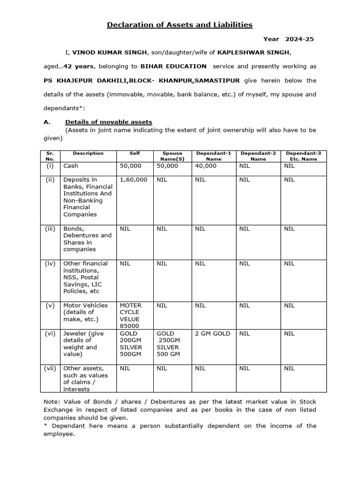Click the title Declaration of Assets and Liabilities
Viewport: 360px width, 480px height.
coord(180,24)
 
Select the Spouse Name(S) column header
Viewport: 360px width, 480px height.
coord(172,156)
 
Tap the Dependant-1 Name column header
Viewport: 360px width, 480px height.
coord(213,156)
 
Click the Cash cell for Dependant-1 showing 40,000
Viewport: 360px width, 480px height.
coord(206,165)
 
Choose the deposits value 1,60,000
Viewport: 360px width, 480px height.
coord(133,180)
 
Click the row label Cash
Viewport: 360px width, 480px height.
coord(71,165)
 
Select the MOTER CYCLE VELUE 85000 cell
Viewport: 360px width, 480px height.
coord(131,315)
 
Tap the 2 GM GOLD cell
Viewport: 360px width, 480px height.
coord(212,333)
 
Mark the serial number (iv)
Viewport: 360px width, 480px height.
coord(50,263)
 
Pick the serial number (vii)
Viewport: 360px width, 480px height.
coord(50,368)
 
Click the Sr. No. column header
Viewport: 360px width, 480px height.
coord(50,156)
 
